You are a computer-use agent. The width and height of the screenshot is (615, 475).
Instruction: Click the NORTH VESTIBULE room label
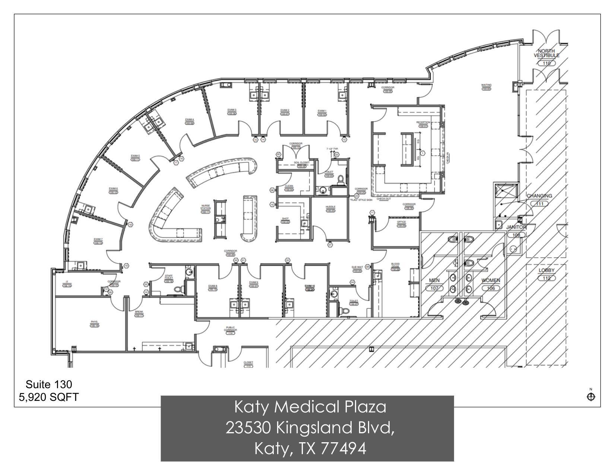[x=546, y=53]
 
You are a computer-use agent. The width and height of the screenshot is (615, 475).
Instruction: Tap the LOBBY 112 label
[x=546, y=270]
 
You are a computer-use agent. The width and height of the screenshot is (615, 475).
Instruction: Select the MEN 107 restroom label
[x=434, y=280]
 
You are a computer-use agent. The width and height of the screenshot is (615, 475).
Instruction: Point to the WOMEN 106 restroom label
[x=491, y=280]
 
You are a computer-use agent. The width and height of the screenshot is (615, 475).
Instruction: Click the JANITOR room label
[x=516, y=227]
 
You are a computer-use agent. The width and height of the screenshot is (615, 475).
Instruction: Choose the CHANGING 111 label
[x=539, y=196]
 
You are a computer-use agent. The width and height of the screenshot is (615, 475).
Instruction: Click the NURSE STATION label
[x=206, y=208]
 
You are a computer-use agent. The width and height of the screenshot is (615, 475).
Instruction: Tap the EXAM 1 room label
[x=322, y=111]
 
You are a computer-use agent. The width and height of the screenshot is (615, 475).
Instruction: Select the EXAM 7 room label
[x=98, y=239]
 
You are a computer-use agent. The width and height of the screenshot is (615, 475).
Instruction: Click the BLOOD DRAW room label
[x=395, y=265]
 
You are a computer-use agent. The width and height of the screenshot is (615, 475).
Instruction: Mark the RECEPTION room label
[x=423, y=122]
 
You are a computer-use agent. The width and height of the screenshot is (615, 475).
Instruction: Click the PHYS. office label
[x=94, y=322]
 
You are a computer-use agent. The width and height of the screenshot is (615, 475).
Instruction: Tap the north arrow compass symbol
[x=591, y=396]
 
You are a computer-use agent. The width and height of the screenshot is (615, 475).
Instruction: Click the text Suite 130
[x=49, y=384]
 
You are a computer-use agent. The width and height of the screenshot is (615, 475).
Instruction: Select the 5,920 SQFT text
[x=49, y=397]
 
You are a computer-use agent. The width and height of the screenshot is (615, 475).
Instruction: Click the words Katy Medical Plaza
[x=310, y=407]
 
